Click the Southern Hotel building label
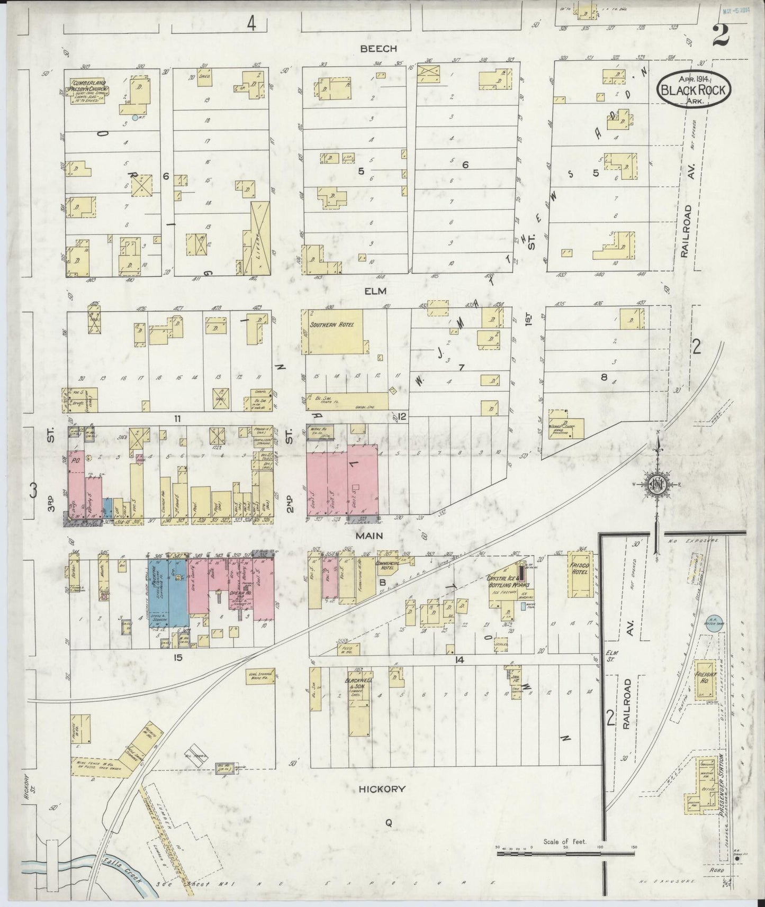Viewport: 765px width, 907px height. point(328,325)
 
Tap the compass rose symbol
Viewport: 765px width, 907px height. point(657,485)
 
